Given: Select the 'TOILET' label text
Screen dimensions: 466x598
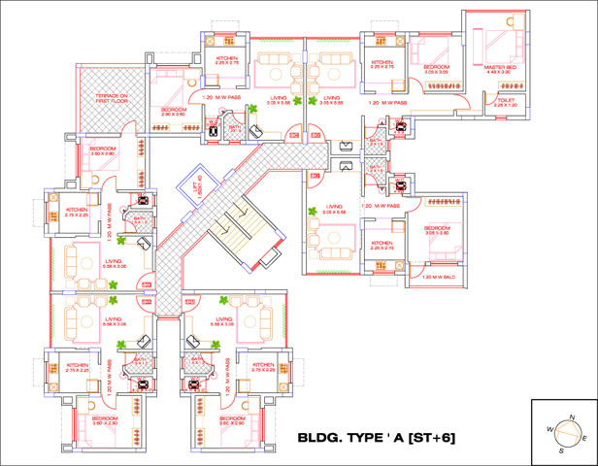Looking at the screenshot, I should pyautogui.click(x=506, y=99).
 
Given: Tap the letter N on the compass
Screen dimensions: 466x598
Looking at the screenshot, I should pyautogui.click(x=572, y=416).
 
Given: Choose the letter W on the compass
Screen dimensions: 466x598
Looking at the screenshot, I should pyautogui.click(x=549, y=427).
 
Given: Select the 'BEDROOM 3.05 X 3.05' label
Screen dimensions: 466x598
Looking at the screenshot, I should pyautogui.click(x=434, y=70).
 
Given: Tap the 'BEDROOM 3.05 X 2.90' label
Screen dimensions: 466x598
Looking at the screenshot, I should pyautogui.click(x=440, y=230).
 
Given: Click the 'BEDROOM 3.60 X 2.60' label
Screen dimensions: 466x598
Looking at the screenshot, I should pyautogui.click(x=103, y=150).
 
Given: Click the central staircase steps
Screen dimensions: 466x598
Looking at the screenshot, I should pyautogui.click(x=233, y=229).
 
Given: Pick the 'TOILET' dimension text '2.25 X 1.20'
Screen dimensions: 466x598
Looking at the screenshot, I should pyautogui.click(x=506, y=105).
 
